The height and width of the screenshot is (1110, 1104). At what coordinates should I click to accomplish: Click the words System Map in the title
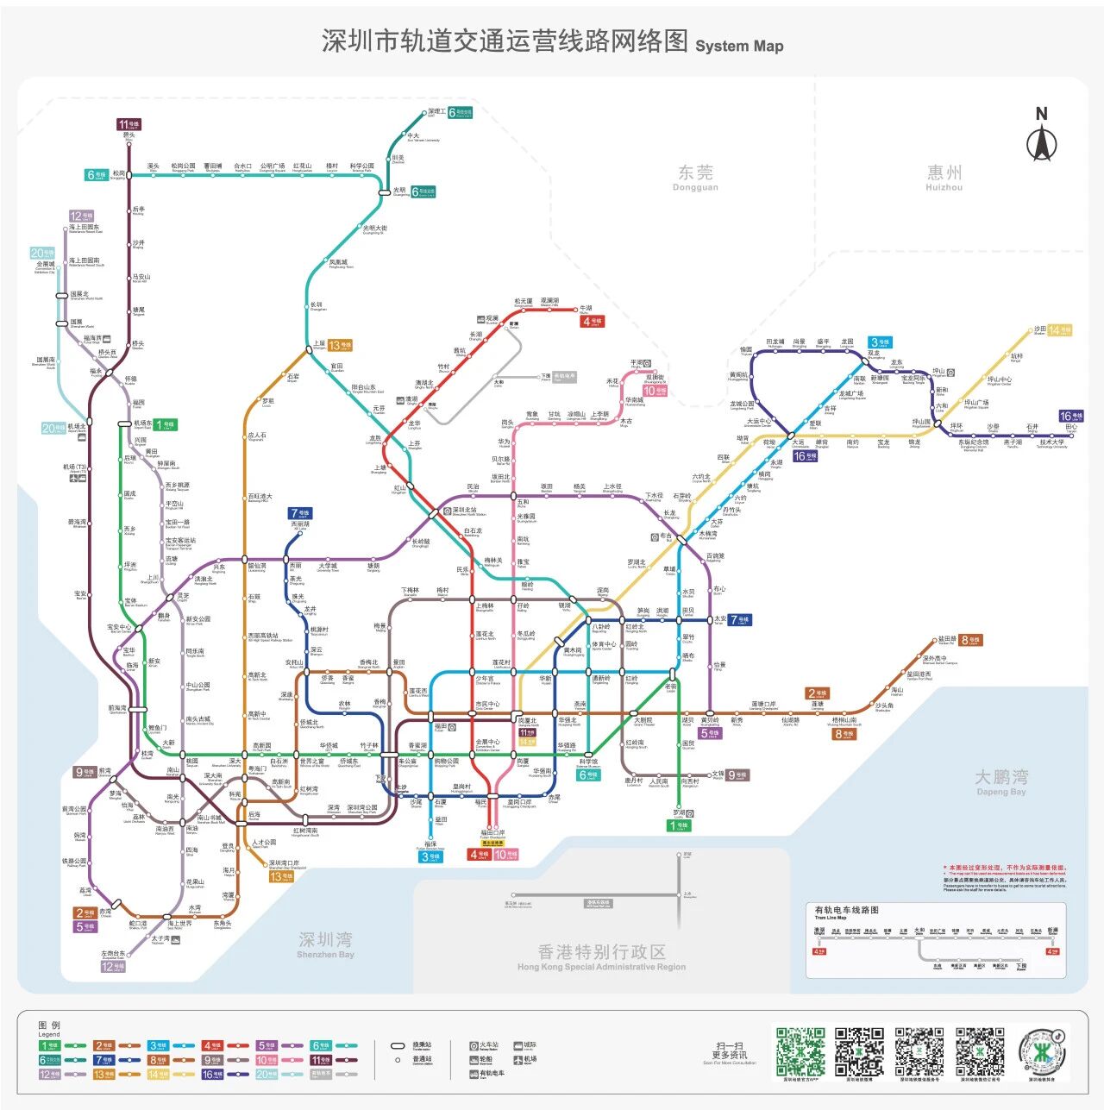click(x=739, y=47)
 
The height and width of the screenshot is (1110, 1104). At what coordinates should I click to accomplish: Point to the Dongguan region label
click(x=695, y=177)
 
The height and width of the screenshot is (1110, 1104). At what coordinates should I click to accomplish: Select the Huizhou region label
click(x=944, y=177)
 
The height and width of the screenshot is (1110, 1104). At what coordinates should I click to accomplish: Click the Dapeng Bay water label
click(x=1000, y=781)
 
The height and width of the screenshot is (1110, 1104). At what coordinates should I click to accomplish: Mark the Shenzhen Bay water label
click(x=325, y=944)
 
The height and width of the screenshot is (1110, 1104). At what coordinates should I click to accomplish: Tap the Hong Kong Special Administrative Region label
click(x=602, y=956)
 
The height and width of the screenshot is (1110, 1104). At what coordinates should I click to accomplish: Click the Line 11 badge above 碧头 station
click(x=129, y=124)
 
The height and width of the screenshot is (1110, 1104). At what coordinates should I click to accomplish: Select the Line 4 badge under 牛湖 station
click(x=592, y=322)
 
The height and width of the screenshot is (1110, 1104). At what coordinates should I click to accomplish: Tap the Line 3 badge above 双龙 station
click(x=881, y=342)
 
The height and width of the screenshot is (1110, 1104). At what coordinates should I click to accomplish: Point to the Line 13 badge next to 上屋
click(x=340, y=345)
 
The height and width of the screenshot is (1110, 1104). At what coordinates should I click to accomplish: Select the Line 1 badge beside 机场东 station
click(x=165, y=424)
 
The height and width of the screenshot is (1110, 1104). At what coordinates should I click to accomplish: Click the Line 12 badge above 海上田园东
click(x=81, y=216)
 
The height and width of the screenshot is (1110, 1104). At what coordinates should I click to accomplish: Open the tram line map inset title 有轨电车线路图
click(x=847, y=910)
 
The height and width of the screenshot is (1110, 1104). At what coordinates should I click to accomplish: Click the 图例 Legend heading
click(x=49, y=1028)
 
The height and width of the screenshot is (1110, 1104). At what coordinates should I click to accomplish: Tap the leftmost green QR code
click(x=800, y=1051)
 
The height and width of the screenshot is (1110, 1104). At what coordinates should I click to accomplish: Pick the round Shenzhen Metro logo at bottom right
click(x=1041, y=1051)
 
